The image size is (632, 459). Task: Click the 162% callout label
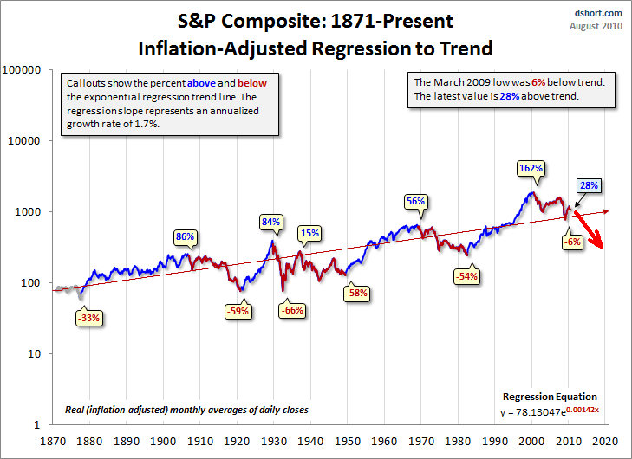(531, 167)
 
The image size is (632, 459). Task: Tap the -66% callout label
(292, 310)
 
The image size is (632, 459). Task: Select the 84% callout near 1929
(271, 222)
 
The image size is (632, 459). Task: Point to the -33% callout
(89, 318)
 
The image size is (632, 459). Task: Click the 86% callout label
(185, 236)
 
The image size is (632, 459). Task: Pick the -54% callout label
(466, 276)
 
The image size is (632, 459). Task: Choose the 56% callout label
(415, 201)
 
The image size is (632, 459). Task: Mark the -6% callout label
(571, 242)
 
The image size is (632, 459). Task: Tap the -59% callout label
(238, 310)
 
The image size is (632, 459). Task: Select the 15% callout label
(309, 232)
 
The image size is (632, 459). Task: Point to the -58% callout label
(356, 293)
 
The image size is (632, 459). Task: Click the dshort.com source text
(600, 13)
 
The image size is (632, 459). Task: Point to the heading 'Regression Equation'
(561, 397)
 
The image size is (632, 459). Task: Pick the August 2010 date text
(597, 27)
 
